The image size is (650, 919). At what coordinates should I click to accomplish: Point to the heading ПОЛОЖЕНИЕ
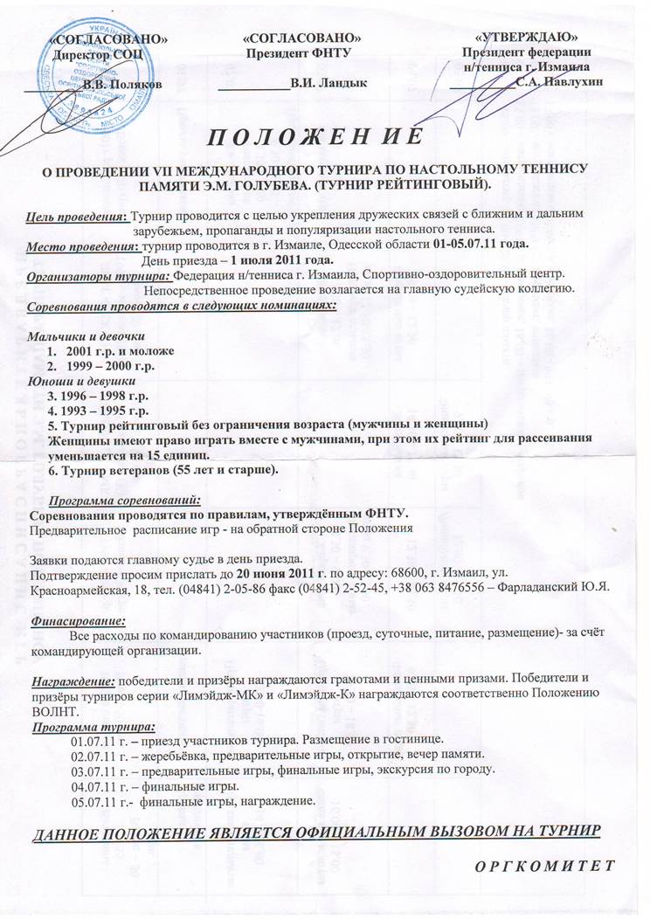[317, 137]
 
